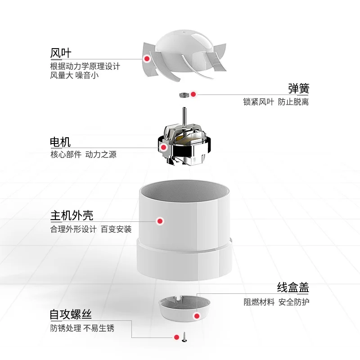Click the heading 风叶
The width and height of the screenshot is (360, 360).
pyautogui.click(x=60, y=53)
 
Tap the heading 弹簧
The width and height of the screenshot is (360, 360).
pyautogui.click(x=298, y=88)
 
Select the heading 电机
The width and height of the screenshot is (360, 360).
pyautogui.click(x=60, y=142)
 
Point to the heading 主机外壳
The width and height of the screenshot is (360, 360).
pyautogui.click(x=72, y=215)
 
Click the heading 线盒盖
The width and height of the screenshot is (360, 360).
pyautogui.click(x=293, y=288)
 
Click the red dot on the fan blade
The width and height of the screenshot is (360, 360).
pyautogui.click(x=146, y=58)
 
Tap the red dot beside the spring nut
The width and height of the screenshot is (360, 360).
pyautogui.click(x=193, y=94)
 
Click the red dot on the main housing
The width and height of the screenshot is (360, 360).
pyautogui.click(x=159, y=221)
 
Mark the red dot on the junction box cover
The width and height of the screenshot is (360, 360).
pyautogui.click(x=196, y=316)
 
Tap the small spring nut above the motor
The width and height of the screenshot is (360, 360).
pyautogui.click(x=183, y=94)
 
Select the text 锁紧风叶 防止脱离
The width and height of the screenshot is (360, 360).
pyautogui.click(x=275, y=102)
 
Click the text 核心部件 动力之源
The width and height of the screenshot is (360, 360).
pyautogui.click(x=83, y=155)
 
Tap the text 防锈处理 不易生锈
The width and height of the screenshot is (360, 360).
pyautogui.click(x=82, y=328)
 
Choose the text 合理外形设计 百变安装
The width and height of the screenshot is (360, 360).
pyautogui.click(x=91, y=229)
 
